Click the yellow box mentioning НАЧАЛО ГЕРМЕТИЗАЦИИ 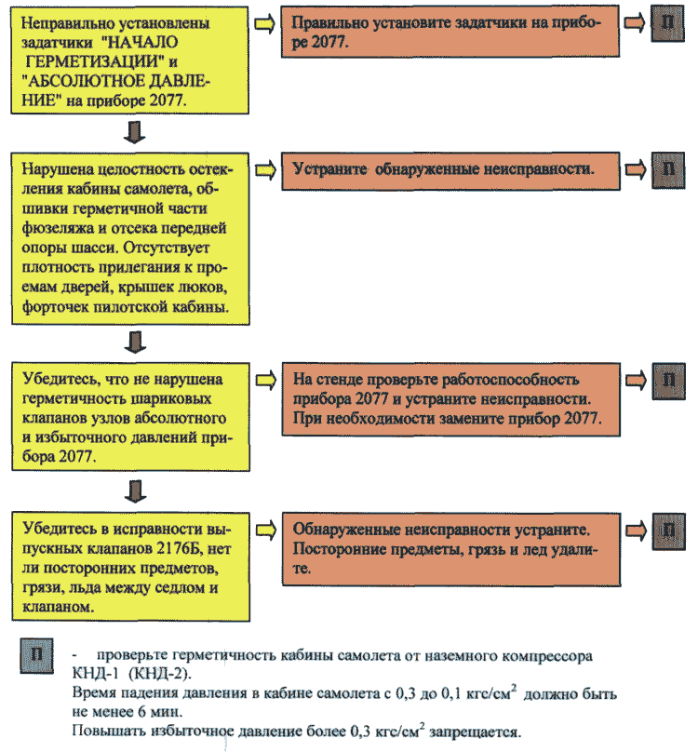(x=129, y=60)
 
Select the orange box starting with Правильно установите (x=450, y=31)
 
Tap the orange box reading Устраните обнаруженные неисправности (x=450, y=171)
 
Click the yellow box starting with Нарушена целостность (x=130, y=239)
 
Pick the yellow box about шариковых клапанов (x=130, y=416)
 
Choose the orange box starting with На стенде (x=451, y=399)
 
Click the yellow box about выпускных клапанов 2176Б (x=131, y=567)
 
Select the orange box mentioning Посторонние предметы (x=451, y=550)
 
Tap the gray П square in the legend (x=36, y=655)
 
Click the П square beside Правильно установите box (x=667, y=23)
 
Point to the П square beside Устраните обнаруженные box (x=668, y=170)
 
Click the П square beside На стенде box (x=668, y=381)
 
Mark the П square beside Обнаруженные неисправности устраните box (x=669, y=530)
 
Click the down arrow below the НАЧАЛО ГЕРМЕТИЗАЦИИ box (x=134, y=132)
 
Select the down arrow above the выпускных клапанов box (x=135, y=491)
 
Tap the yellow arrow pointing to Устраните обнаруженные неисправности (x=265, y=170)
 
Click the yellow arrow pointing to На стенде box (x=266, y=381)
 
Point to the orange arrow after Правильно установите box (x=634, y=23)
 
